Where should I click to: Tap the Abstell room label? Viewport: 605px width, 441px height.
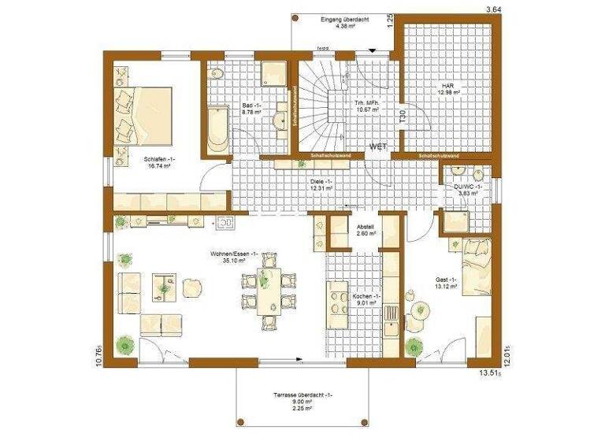(364, 226)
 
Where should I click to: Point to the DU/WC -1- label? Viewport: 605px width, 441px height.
(467, 186)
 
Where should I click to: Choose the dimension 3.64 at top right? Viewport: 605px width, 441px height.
(493, 9)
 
